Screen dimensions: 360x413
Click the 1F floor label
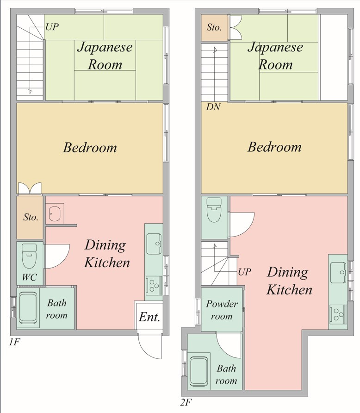click(14, 342)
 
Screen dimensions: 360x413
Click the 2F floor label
click(186, 403)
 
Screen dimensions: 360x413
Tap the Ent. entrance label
click(149, 317)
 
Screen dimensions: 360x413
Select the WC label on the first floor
click(30, 277)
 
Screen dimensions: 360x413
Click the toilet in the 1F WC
click(29, 256)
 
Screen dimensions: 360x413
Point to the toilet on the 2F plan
click(214, 210)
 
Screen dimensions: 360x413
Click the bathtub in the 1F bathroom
click(28, 308)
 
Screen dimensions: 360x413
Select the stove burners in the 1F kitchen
click(154, 285)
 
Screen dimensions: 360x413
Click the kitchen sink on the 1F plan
click(154, 244)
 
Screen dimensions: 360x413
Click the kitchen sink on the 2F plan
click(338, 273)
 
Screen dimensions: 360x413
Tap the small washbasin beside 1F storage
click(55, 213)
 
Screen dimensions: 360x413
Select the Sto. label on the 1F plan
click(31, 217)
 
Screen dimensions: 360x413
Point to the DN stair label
click(213, 107)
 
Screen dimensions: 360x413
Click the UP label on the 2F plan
click(244, 272)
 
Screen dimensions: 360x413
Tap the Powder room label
click(222, 310)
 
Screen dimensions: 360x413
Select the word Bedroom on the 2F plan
click(274, 147)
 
